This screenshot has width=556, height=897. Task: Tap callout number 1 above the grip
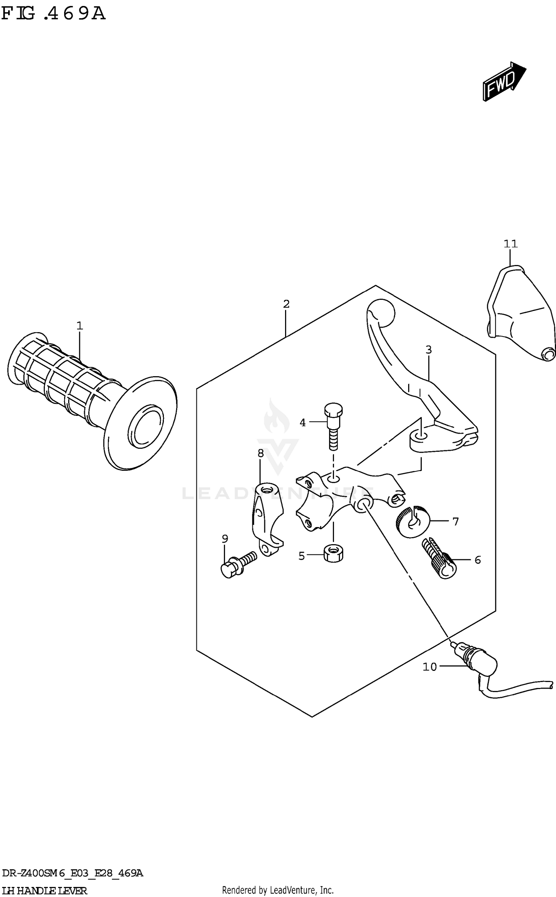(79, 326)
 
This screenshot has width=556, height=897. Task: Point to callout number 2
(286, 304)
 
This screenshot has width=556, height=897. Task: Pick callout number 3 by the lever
(428, 350)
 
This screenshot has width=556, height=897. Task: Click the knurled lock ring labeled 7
(412, 522)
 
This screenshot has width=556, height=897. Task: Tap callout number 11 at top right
(510, 244)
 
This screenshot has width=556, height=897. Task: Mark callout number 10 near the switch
(430, 667)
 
